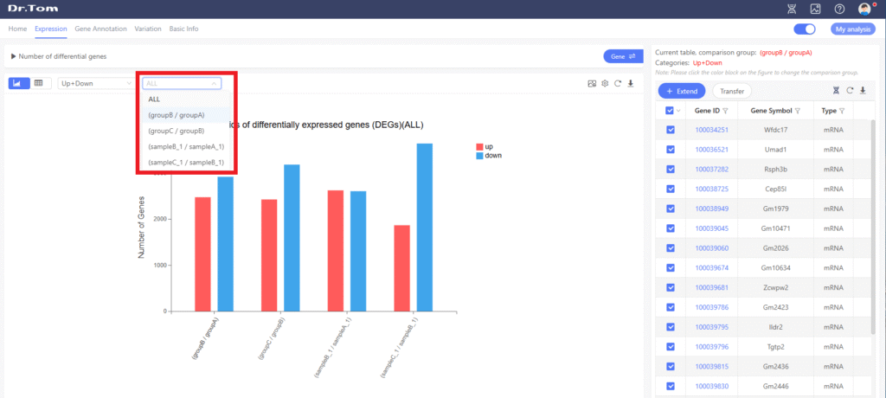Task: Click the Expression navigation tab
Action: (x=51, y=29)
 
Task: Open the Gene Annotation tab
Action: (x=100, y=29)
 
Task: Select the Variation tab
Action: (x=148, y=29)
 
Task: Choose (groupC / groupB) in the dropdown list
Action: (x=176, y=131)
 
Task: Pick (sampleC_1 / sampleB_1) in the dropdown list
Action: (x=186, y=162)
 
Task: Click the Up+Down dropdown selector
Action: (x=95, y=83)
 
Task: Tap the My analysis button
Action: (x=853, y=29)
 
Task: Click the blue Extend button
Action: (x=682, y=91)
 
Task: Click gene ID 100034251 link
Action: (x=711, y=130)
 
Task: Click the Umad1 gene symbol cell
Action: (x=774, y=150)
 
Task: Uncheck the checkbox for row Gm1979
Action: (x=671, y=209)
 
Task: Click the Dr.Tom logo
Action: (x=27, y=9)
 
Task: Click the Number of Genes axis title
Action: (x=142, y=228)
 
